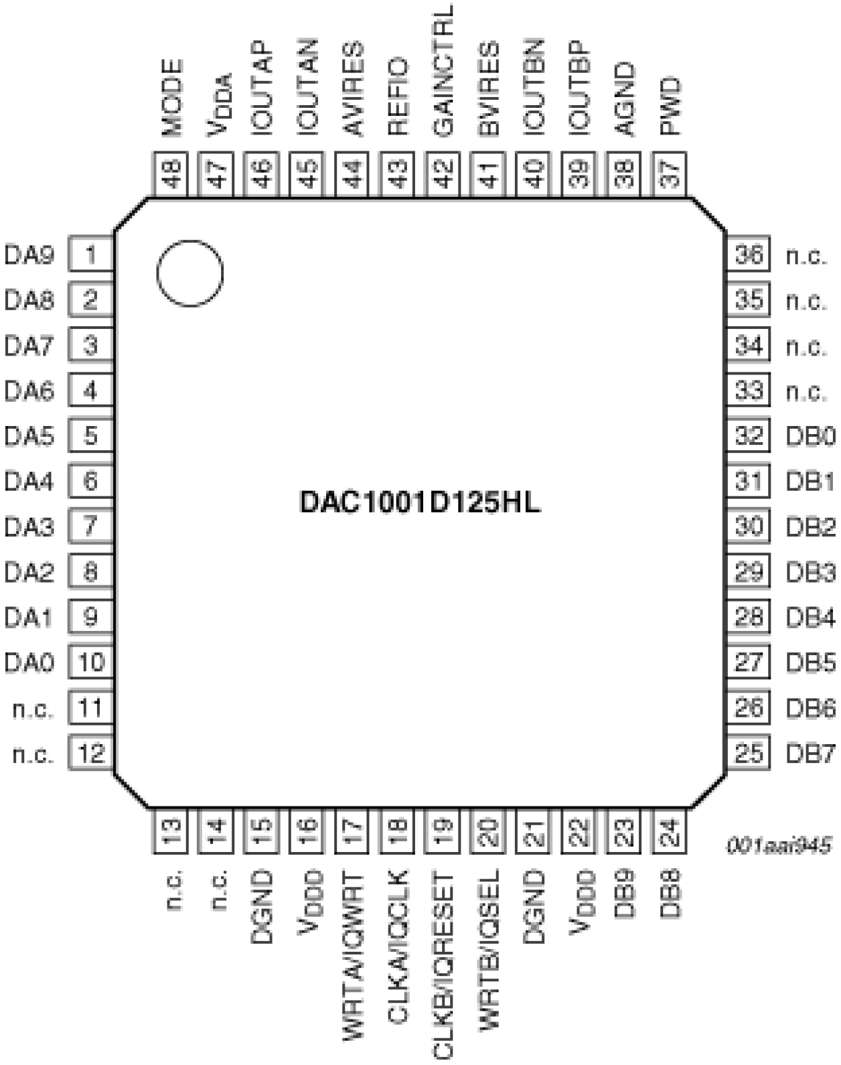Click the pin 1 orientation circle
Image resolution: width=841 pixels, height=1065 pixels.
coord(189,273)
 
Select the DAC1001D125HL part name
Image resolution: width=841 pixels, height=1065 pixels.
coord(419,502)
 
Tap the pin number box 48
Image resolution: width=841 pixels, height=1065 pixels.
coord(171,174)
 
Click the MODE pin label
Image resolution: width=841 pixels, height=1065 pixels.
coord(172,98)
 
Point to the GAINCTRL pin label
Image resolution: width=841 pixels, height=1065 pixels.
coord(443,71)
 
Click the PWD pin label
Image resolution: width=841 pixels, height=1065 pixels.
coord(670,106)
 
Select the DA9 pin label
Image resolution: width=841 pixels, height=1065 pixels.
coord(29,255)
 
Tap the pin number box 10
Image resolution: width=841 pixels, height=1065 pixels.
coord(91,662)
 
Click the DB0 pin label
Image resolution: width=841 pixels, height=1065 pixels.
coord(810,437)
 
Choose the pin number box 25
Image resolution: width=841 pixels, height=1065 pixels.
coord(749,754)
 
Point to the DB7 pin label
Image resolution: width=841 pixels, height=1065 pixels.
coord(810,754)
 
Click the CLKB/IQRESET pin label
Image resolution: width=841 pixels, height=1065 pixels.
coord(443,965)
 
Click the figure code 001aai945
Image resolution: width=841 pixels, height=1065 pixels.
coord(779,845)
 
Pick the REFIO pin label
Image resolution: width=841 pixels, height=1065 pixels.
coord(398,97)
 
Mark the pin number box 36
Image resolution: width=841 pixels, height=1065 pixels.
coord(749,255)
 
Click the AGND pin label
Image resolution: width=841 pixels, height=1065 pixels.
coord(624,100)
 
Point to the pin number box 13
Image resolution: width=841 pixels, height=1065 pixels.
coord(171,832)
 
